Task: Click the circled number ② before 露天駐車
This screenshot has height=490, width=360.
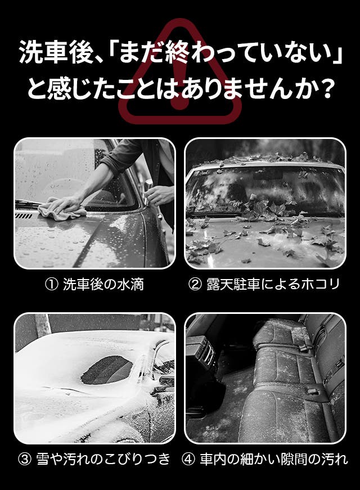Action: (195, 285)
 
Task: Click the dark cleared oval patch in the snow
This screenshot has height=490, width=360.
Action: (107, 370)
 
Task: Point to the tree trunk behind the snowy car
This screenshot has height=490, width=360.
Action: (43, 325)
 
